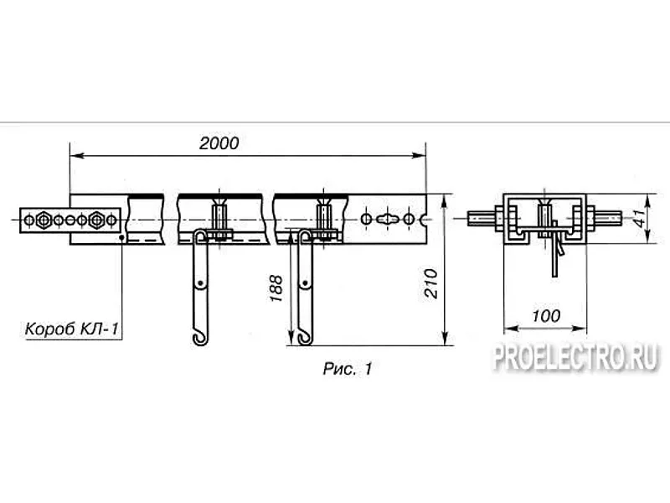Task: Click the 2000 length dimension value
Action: [x=219, y=143]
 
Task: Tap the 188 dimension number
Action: [x=276, y=288]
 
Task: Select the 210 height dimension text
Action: [x=431, y=283]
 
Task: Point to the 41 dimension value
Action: [x=640, y=218]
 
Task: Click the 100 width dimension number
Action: [x=546, y=316]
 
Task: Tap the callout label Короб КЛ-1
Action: [x=72, y=329]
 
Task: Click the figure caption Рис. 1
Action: [x=348, y=368]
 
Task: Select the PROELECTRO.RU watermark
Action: [x=576, y=357]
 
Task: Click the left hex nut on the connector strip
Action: [x=44, y=220]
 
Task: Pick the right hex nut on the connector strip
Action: [x=96, y=220]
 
